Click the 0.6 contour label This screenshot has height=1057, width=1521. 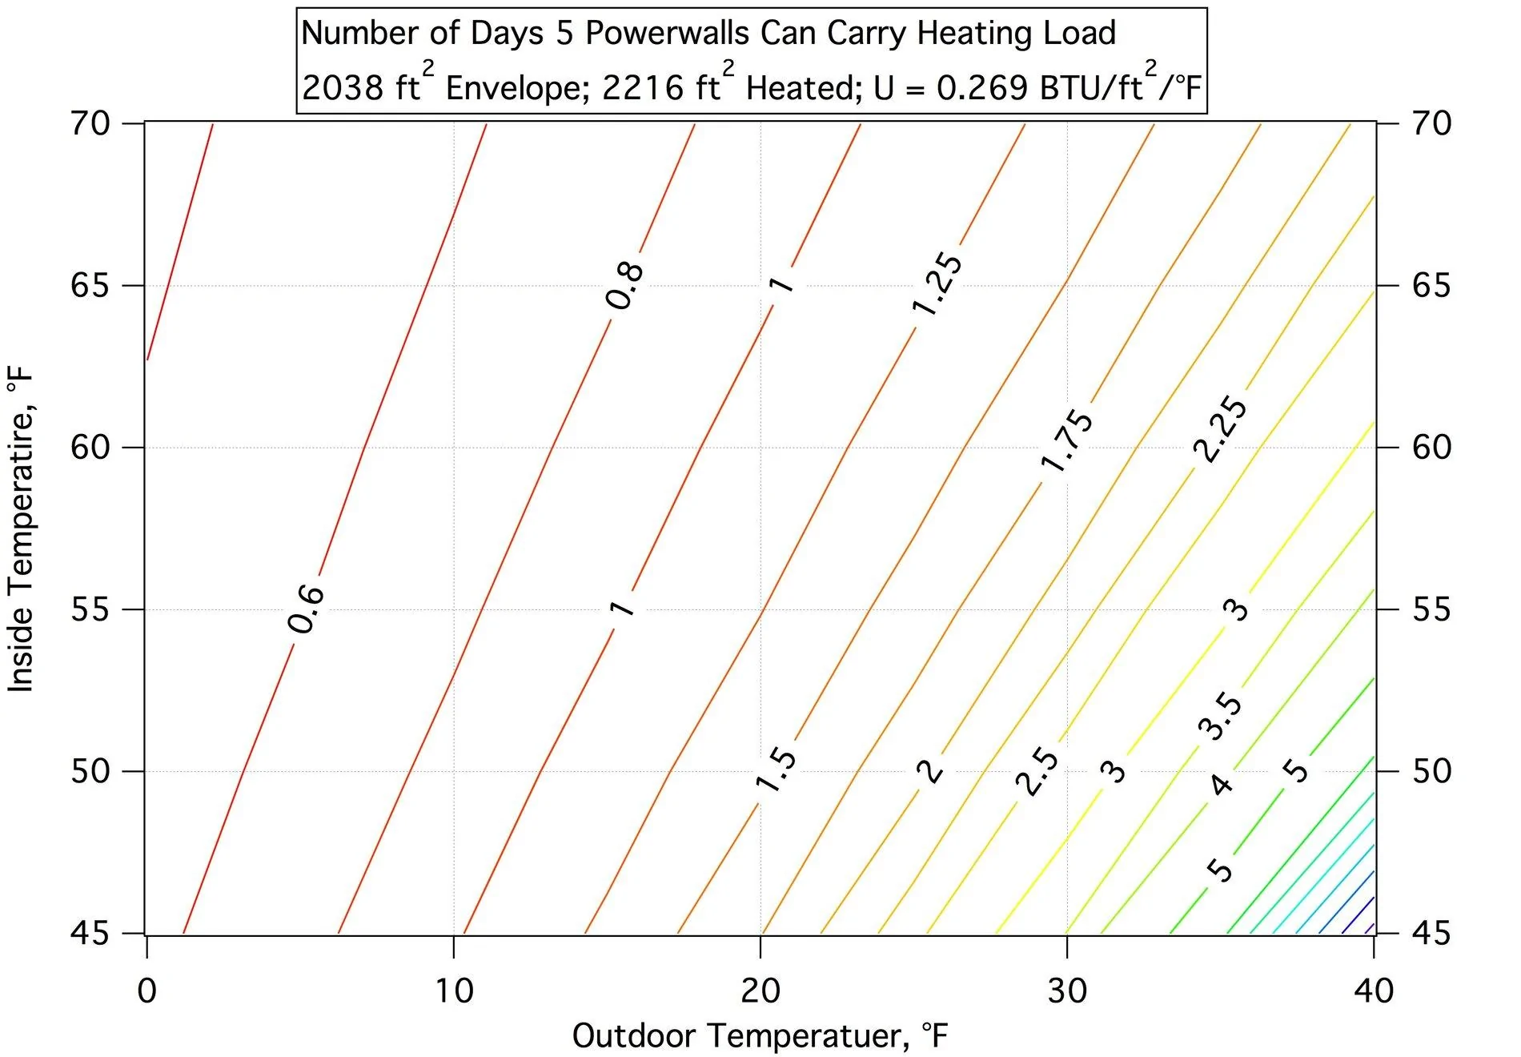point(306,609)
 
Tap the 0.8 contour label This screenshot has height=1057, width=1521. point(624,286)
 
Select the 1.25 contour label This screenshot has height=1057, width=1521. point(937,284)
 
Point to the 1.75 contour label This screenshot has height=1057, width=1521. point(1066,440)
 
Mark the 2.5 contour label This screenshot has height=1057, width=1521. point(1037,771)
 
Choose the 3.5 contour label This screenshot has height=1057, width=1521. point(1221,716)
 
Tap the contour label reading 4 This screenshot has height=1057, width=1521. point(1221,784)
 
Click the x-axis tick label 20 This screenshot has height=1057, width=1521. point(760,991)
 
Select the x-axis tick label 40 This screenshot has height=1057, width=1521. point(1374,991)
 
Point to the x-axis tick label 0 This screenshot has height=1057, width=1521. point(146,991)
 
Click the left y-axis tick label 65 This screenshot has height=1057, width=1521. point(90,286)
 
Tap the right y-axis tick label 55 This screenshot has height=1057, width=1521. point(1431,609)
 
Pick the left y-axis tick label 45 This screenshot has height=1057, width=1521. point(90,934)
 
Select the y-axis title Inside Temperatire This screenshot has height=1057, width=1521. point(21,528)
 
